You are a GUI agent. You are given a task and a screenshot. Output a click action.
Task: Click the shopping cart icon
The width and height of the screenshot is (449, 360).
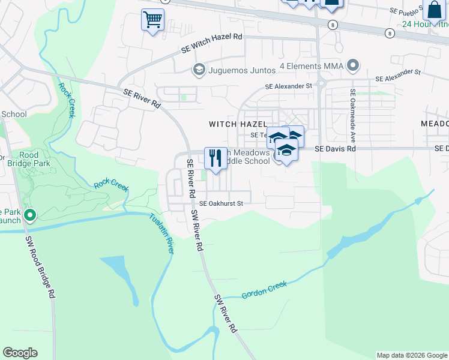[152, 20]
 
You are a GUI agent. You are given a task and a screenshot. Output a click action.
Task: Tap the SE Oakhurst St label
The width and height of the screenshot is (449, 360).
[221, 203]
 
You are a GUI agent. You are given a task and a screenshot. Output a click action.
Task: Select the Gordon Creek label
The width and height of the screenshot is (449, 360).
[265, 289]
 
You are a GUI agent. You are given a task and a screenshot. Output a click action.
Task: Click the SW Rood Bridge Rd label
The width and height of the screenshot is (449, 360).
[41, 267]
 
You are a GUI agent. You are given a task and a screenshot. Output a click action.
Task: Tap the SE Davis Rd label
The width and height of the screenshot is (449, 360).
[336, 148]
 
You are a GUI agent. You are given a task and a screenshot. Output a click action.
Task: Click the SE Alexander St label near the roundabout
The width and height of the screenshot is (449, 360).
[290, 86]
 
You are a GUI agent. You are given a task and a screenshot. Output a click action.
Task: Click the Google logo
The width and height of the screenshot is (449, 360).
[20, 353]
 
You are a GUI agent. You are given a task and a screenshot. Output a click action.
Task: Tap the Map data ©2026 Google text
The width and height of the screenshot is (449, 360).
[411, 355]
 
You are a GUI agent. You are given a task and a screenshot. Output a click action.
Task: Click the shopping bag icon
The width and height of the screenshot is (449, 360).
[433, 10]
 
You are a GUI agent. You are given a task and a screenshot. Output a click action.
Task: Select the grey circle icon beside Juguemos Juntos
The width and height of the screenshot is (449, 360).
[197, 70]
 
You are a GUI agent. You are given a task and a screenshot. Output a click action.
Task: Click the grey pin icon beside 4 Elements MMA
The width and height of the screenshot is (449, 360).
[353, 65]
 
